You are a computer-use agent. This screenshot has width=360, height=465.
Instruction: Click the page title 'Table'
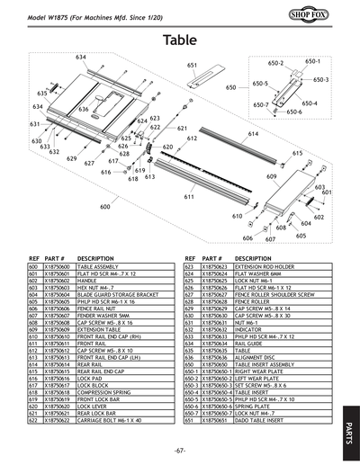click(x=180, y=40)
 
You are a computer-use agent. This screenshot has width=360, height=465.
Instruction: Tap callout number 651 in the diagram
click(x=192, y=66)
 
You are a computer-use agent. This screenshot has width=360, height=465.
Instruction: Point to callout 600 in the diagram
click(x=105, y=207)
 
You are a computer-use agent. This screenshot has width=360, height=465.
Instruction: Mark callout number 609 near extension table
click(x=271, y=177)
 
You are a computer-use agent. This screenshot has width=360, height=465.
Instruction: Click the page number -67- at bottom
click(x=180, y=450)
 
